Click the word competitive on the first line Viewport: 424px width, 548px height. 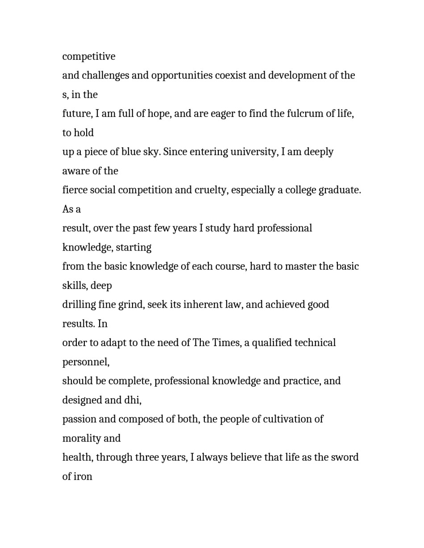[x=89, y=57]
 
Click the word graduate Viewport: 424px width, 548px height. [x=340, y=190]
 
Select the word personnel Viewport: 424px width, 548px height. [x=86, y=362]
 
